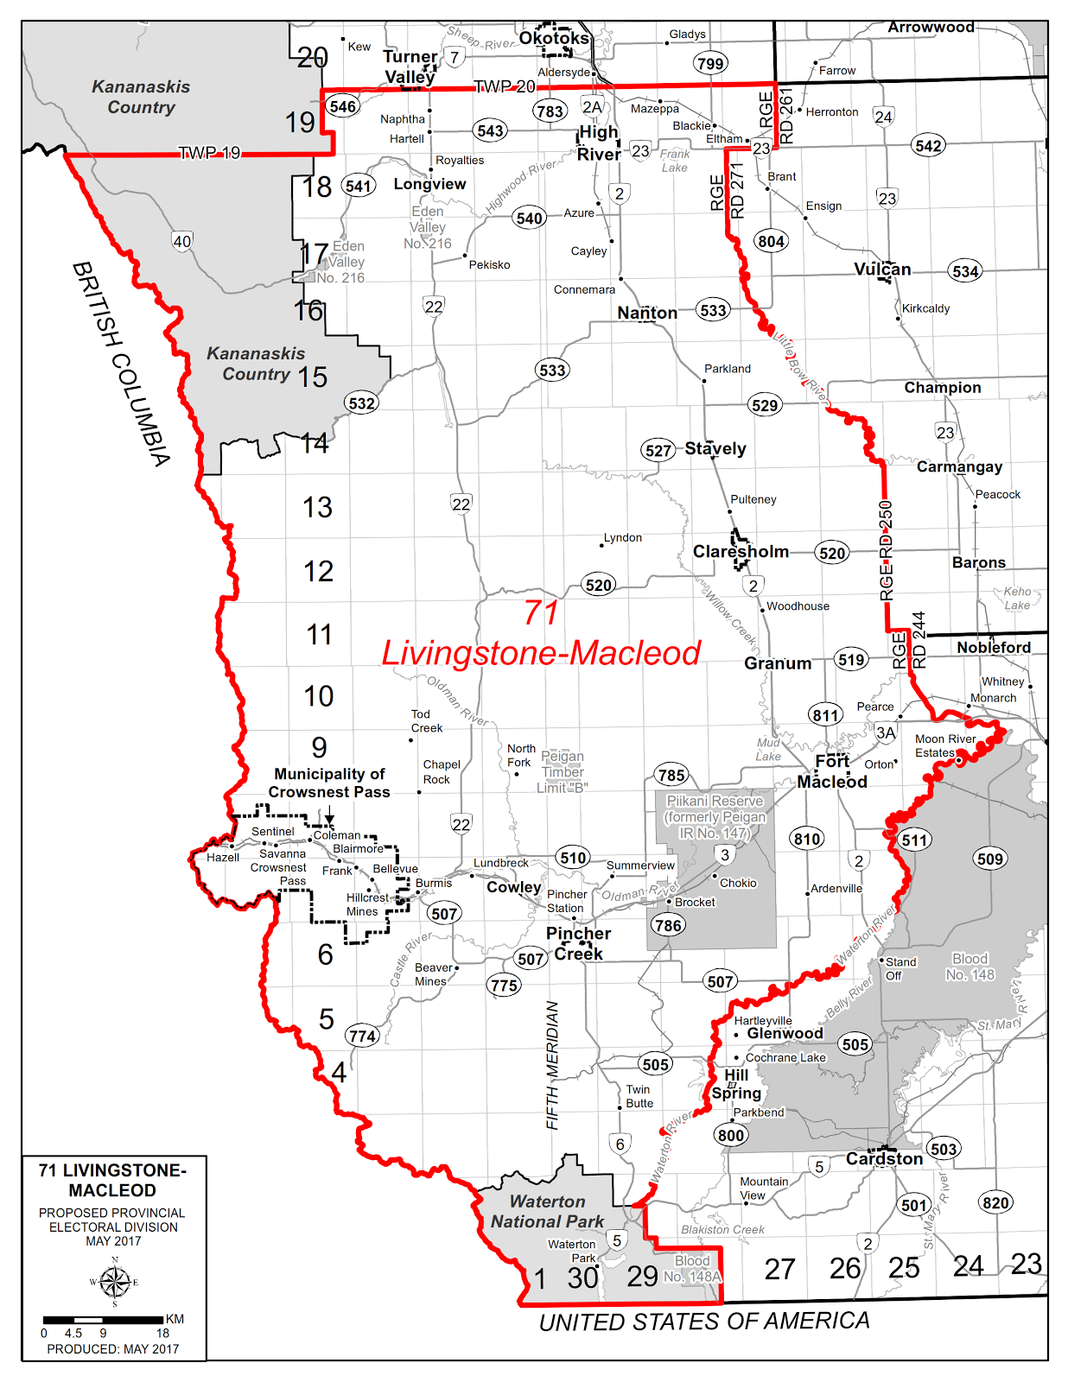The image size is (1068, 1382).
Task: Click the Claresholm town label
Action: [x=741, y=551]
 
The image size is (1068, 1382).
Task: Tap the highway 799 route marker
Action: [x=710, y=63]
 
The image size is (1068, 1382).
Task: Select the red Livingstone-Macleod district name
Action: [x=541, y=653]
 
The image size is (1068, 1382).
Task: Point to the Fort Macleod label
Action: [x=832, y=771]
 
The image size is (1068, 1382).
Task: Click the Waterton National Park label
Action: [x=547, y=1212]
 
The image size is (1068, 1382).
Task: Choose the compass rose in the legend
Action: [x=114, y=1282]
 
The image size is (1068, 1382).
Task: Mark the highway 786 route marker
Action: [x=668, y=926]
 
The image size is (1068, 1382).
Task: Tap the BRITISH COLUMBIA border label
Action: [x=120, y=364]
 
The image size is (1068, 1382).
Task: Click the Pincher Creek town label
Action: [x=578, y=943]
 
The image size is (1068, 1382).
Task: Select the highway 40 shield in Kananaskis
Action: [x=181, y=242]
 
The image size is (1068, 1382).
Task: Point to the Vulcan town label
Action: [x=882, y=269]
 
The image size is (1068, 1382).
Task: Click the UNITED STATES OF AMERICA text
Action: [x=704, y=1322]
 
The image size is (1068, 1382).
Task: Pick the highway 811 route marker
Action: [x=825, y=714]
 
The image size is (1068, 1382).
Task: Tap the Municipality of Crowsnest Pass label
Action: [x=329, y=783]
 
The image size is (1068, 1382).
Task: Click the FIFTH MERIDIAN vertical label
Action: [x=552, y=1065]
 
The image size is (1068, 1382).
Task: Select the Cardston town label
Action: [x=884, y=1159]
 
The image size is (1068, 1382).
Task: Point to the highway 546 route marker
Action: [x=342, y=106]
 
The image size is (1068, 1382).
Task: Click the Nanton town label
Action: [x=647, y=313]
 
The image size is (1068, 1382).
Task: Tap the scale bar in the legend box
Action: [x=104, y=1319]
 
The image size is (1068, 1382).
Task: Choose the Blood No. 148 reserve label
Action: [x=969, y=967]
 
